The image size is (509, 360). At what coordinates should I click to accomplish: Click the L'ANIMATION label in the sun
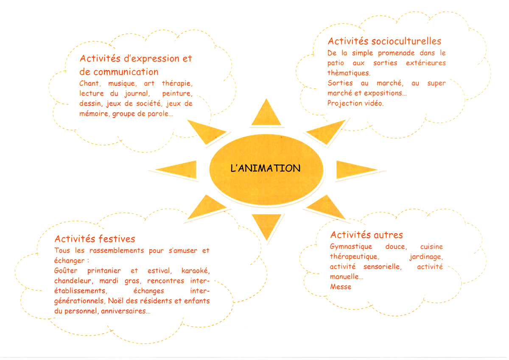(x=265, y=169)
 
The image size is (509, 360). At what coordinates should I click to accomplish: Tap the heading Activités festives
(x=95, y=239)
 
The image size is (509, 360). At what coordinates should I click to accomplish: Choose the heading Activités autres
(x=366, y=235)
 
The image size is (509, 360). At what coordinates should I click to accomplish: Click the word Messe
(x=341, y=287)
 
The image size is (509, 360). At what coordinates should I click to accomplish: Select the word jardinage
(x=426, y=257)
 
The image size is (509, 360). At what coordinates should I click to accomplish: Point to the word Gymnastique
(x=351, y=247)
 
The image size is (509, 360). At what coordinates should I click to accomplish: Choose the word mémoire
(x=94, y=114)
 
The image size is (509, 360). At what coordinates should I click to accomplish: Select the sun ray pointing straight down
(x=266, y=225)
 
